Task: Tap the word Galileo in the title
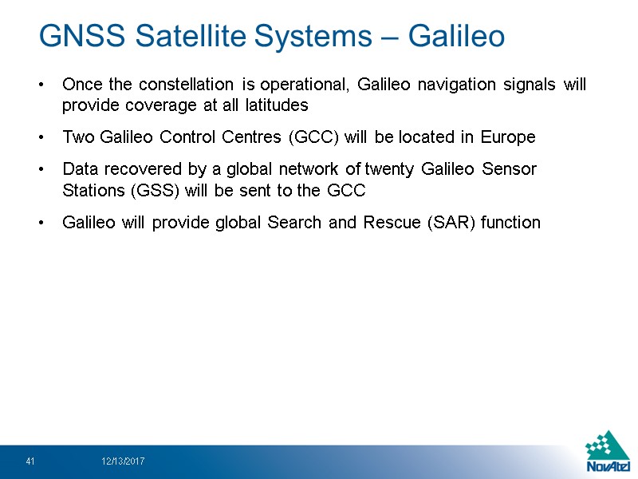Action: pyautogui.click(x=456, y=36)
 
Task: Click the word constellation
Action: pyautogui.click(x=179, y=85)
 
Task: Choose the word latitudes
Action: pyautogui.click(x=271, y=105)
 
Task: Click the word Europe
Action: pyautogui.click(x=508, y=137)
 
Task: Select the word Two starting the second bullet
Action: pyautogui.click(x=78, y=137)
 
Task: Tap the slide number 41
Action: pyautogui.click(x=30, y=461)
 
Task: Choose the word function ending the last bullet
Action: pyautogui.click(x=513, y=223)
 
